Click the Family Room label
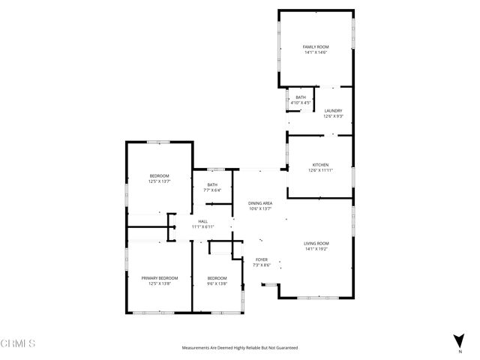tap(316, 46)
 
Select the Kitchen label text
tap(320, 164)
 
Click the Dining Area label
tap(260, 203)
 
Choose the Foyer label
tap(260, 259)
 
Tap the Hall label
tap(202, 221)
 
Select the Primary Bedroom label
tap(160, 277)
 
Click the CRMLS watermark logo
tap(19, 343)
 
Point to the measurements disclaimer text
tap(240, 348)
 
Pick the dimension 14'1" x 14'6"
tap(316, 52)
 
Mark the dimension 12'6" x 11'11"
tap(320, 170)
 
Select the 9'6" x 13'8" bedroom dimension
tap(217, 283)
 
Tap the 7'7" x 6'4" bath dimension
tap(212, 190)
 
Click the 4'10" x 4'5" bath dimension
tap(300, 103)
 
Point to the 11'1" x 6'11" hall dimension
tap(202, 227)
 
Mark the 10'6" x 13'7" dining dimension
tap(260, 209)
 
